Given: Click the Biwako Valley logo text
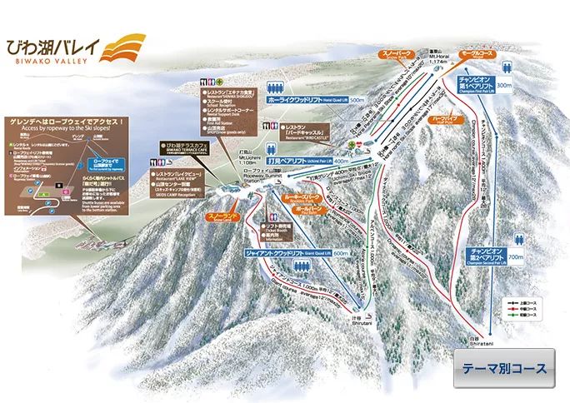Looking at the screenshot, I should tap(50, 48).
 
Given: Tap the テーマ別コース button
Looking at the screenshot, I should tap(505, 369).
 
